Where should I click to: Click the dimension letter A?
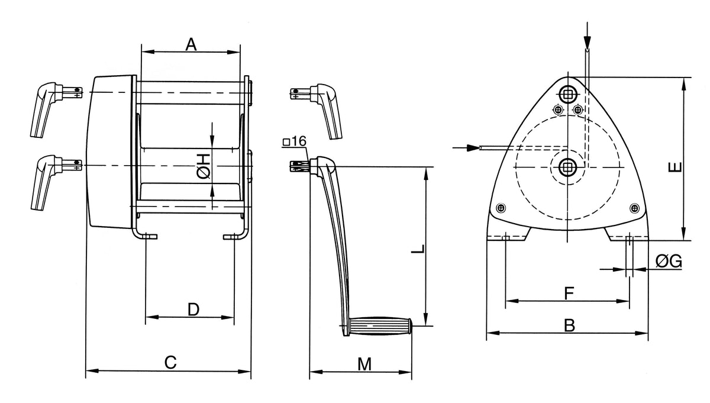point(191,44)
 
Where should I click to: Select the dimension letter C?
point(170,362)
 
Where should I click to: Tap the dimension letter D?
point(193,309)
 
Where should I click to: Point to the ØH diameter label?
point(204,166)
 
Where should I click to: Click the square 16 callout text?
point(295,141)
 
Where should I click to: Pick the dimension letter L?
point(418,249)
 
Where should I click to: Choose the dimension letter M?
point(364,364)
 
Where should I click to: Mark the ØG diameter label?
point(669,262)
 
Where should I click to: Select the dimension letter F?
point(569,294)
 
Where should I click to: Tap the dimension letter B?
point(570,325)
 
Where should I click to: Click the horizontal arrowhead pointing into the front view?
point(473,148)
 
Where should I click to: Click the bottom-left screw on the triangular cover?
point(501,208)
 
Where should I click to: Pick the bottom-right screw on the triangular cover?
point(634,208)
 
